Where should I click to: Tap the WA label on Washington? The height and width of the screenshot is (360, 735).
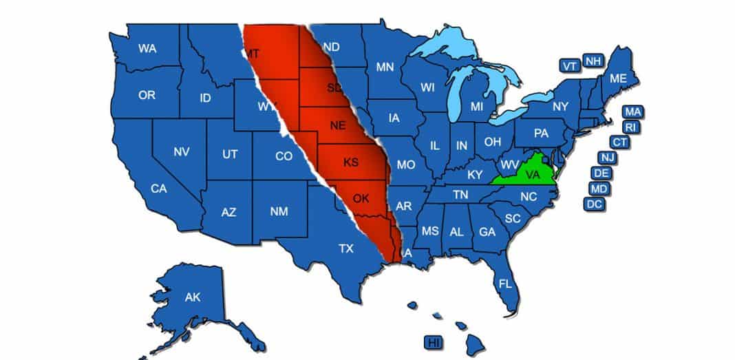tap(147, 48)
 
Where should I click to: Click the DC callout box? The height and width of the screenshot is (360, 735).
tap(594, 204)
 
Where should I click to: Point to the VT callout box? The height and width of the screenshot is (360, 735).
tap(569, 66)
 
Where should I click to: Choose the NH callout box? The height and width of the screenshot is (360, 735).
tap(592, 61)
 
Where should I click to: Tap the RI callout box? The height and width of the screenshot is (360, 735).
tap(630, 127)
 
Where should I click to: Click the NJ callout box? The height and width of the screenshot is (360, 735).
tap(608, 158)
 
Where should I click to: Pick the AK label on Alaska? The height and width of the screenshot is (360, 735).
tap(192, 297)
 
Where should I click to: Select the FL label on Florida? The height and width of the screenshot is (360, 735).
tap(505, 283)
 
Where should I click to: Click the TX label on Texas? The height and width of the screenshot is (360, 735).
tap(346, 248)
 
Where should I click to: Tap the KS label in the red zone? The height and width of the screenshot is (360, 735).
tap(351, 163)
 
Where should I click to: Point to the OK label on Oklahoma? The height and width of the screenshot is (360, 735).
tap(361, 199)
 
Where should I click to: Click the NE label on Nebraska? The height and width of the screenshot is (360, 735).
tap(337, 125)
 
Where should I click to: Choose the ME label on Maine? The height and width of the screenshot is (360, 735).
tap(618, 78)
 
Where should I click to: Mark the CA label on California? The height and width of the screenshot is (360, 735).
tap(159, 188)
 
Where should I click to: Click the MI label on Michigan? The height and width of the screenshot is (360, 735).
tap(477, 107)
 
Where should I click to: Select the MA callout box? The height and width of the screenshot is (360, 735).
tap(633, 111)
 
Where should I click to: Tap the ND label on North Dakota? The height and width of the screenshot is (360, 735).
tap(331, 47)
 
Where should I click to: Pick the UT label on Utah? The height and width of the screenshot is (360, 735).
tap(230, 155)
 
